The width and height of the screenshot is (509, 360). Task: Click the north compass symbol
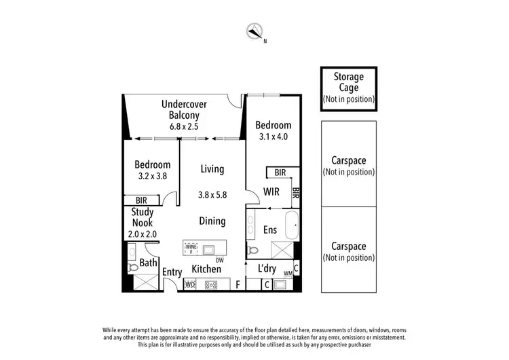(x=254, y=31)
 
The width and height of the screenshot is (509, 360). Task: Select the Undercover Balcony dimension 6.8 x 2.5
(x=184, y=126)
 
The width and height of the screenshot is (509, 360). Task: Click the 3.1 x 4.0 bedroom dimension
(x=273, y=137)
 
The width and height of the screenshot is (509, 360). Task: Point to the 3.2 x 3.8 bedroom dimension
(x=151, y=176)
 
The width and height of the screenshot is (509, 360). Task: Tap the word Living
(x=212, y=169)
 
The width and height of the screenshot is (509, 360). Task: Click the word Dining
(x=212, y=220)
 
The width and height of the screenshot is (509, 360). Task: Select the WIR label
(x=271, y=192)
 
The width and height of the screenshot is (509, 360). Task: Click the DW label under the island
(x=219, y=259)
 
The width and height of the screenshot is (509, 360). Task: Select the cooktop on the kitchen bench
(x=212, y=285)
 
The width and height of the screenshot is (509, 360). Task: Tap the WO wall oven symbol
(x=190, y=285)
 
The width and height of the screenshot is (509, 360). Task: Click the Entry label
(x=172, y=272)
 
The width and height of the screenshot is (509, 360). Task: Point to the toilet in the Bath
(x=133, y=268)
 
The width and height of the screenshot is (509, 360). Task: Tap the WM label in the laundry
(x=288, y=274)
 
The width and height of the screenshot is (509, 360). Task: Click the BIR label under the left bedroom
(x=141, y=200)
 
